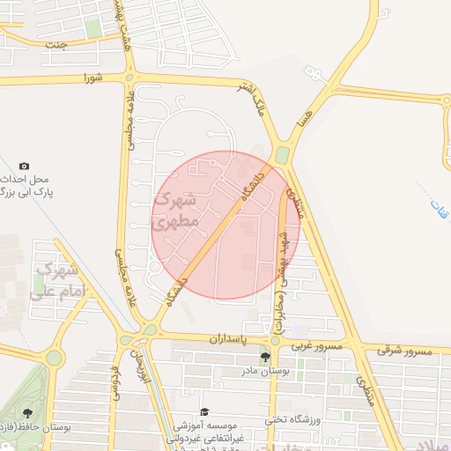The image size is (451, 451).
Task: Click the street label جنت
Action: coord(57,46)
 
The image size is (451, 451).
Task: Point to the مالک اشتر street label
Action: coord(250,99)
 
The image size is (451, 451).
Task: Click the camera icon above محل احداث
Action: coord(24,166)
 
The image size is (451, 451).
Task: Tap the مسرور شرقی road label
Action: coord(406,351)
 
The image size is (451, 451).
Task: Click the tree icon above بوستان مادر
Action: coord(265,357)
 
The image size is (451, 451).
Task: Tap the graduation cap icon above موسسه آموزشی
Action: coord(204,411)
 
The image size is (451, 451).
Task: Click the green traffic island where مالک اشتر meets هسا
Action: coord(282,155)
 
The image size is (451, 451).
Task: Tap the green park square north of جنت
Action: coord(93,28)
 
